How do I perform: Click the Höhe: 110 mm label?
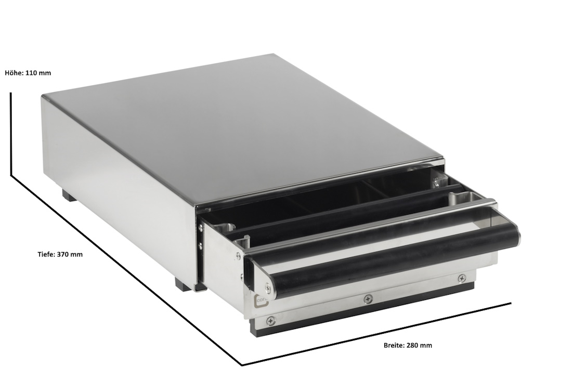pos(28,73)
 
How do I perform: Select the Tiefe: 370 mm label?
pos(60,255)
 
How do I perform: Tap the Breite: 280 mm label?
pos(408,345)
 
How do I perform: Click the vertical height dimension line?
pos(11,134)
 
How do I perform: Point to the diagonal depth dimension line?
pos(126,270)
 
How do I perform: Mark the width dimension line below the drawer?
pos(376,334)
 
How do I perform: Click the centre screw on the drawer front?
pos(367,299)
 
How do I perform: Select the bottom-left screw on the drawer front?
pos(270,321)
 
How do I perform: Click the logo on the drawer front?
pos(261,301)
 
